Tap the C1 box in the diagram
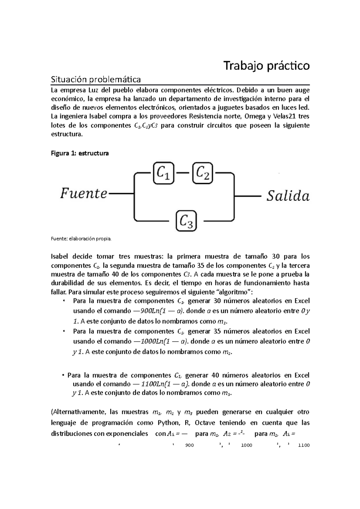point(163,173)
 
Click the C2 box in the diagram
point(202,173)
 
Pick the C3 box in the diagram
point(186,221)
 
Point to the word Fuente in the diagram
point(84,194)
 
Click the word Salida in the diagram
point(288,196)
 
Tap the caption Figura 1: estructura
point(80,153)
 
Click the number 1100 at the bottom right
point(304,445)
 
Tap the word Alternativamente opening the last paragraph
point(78,412)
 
